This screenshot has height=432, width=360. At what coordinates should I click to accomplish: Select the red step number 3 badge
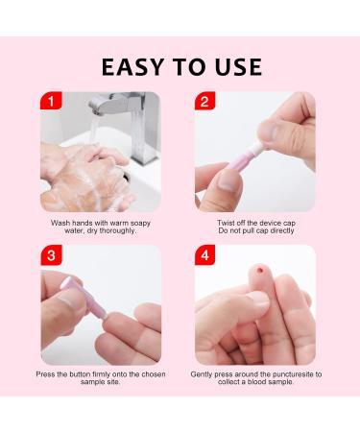pos(49,255)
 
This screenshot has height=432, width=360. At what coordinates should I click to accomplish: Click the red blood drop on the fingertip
pos(257,272)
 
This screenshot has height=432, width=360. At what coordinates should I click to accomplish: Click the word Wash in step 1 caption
pos(60,222)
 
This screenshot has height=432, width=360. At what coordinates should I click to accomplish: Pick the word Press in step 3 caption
pos(47,373)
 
